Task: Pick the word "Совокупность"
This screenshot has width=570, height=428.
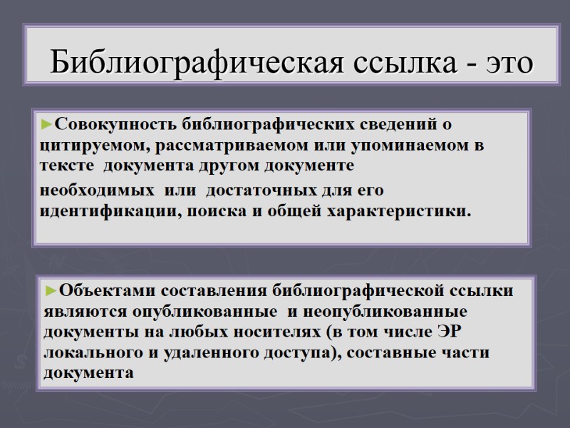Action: coord(114,125)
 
